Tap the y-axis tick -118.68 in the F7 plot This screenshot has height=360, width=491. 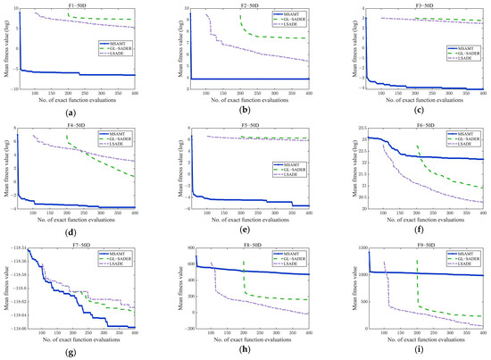(x=18, y=329)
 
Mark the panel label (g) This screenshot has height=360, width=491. (x=77, y=349)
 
